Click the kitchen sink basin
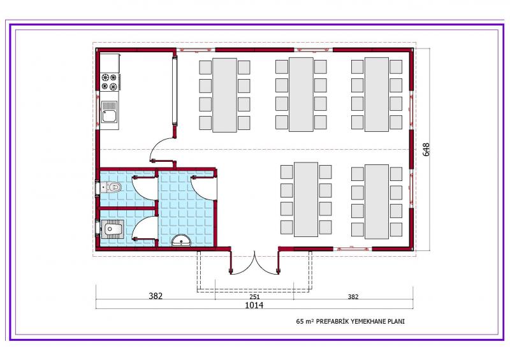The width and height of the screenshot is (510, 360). [109, 112]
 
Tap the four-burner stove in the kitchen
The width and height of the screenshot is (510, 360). [109, 82]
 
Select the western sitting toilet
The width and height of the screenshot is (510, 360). [110, 187]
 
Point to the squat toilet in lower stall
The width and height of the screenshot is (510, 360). [111, 229]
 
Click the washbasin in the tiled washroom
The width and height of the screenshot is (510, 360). [182, 240]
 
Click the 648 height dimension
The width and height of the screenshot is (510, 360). [426, 150]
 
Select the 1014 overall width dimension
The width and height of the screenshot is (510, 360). [254, 305]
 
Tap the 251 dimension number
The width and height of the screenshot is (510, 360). [254, 296]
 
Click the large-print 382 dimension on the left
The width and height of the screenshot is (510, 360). [156, 296]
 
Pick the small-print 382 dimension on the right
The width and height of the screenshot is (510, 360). [353, 296]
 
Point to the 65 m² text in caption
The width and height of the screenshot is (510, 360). [305, 321]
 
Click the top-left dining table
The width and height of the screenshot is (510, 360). [225, 96]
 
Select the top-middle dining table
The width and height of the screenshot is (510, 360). [301, 95]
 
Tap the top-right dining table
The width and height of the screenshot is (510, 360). [377, 95]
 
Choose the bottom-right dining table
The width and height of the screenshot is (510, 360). [377, 201]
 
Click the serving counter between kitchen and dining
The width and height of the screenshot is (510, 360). [175, 90]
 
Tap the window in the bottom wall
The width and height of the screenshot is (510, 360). [353, 249]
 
